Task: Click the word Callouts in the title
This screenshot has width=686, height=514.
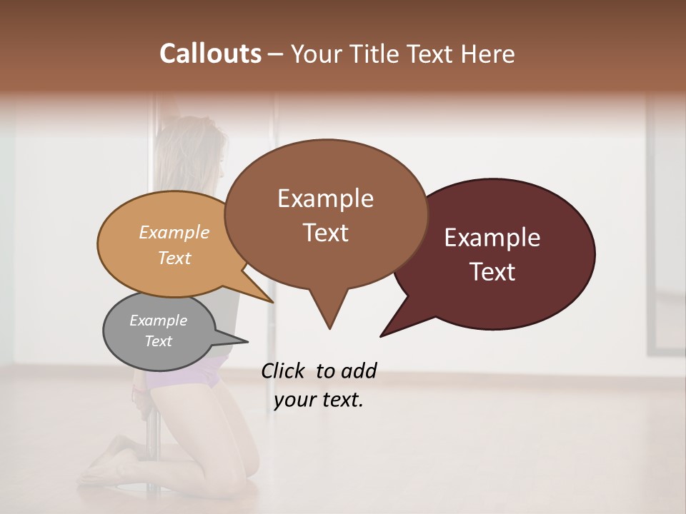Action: (210, 54)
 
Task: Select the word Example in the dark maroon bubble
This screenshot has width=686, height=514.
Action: (492, 238)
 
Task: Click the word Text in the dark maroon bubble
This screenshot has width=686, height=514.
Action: (492, 271)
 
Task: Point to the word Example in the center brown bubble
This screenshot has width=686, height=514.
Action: (325, 198)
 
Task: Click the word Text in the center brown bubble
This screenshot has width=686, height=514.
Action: (325, 233)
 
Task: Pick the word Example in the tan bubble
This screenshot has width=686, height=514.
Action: (174, 232)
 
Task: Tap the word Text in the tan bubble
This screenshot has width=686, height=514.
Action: (174, 258)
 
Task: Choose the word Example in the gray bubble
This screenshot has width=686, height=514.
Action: (158, 321)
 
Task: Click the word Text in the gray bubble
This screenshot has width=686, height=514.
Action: (158, 341)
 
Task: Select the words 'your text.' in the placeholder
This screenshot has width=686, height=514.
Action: (319, 400)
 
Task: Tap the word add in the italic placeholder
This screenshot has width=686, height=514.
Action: (358, 371)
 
